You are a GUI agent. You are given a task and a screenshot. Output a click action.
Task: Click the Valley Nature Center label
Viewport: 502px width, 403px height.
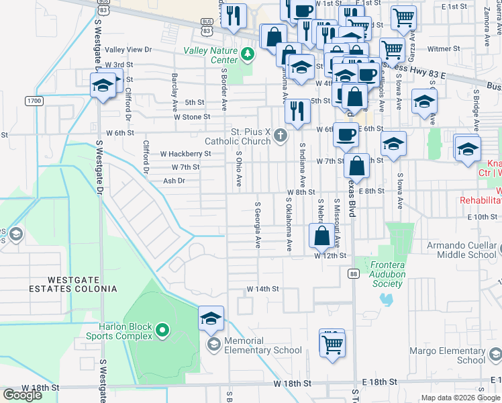[x=211, y=55]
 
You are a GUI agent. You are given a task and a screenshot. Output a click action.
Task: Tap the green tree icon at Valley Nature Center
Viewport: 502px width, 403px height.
[x=248, y=53]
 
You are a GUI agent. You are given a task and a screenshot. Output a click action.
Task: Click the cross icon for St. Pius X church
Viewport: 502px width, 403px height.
[x=281, y=137]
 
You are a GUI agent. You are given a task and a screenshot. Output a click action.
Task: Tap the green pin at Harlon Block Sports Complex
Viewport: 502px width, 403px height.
[x=161, y=330]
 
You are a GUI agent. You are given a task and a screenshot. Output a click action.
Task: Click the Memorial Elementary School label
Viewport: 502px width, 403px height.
[x=263, y=345]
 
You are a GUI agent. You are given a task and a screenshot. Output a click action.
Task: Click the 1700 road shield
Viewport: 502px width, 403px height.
[x=34, y=101]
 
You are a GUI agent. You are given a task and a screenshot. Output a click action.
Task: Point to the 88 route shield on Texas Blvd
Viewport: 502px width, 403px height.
[x=353, y=273]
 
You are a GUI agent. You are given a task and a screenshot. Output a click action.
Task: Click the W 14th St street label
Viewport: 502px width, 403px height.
[x=262, y=289]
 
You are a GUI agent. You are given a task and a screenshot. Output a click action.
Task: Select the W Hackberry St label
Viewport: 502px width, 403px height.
[x=185, y=154]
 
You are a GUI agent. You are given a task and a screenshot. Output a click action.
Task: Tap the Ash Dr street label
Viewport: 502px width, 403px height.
[x=174, y=181]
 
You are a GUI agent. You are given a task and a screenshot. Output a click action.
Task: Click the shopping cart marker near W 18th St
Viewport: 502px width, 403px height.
[x=332, y=344]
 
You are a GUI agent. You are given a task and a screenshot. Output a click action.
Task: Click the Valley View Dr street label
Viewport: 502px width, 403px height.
[x=129, y=50]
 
